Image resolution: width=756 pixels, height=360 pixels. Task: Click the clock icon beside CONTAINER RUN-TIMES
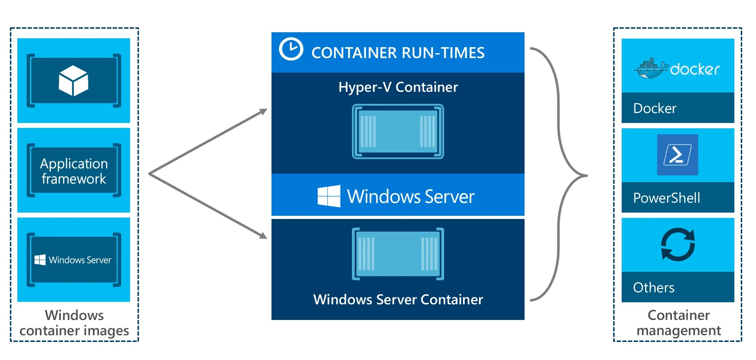pyautogui.click(x=291, y=49)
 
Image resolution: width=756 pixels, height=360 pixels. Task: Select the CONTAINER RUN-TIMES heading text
pyautogui.click(x=398, y=53)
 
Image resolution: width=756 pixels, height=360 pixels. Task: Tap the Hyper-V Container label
pyautogui.click(x=398, y=87)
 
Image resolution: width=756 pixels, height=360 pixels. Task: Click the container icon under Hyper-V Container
pyautogui.click(x=398, y=131)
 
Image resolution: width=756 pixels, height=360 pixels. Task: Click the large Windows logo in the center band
pyautogui.click(x=329, y=196)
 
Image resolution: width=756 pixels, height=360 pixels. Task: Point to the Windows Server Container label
pyautogui.click(x=398, y=299)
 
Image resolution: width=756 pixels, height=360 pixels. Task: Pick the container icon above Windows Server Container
pyautogui.click(x=398, y=254)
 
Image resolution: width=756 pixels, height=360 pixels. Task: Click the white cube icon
pyautogui.click(x=73, y=80)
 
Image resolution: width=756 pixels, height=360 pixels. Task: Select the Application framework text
pyautogui.click(x=74, y=171)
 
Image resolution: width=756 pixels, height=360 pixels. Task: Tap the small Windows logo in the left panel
pyautogui.click(x=40, y=260)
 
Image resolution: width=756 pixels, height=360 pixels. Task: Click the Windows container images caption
pyautogui.click(x=74, y=323)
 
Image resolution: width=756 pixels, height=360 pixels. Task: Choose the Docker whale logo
pyautogui.click(x=651, y=68)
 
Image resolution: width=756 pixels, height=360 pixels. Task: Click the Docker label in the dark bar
pyautogui.click(x=655, y=108)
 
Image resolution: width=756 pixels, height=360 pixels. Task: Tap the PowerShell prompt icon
pyautogui.click(x=677, y=155)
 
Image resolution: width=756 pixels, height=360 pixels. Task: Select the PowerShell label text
pyautogui.click(x=666, y=198)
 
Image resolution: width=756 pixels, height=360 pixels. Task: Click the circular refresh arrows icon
pyautogui.click(x=678, y=244)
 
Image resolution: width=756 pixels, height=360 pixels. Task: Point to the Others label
pyautogui.click(x=654, y=287)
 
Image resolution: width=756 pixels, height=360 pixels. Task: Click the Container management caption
pyautogui.click(x=678, y=323)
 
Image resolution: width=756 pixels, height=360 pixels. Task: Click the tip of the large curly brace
pyautogui.click(x=587, y=175)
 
